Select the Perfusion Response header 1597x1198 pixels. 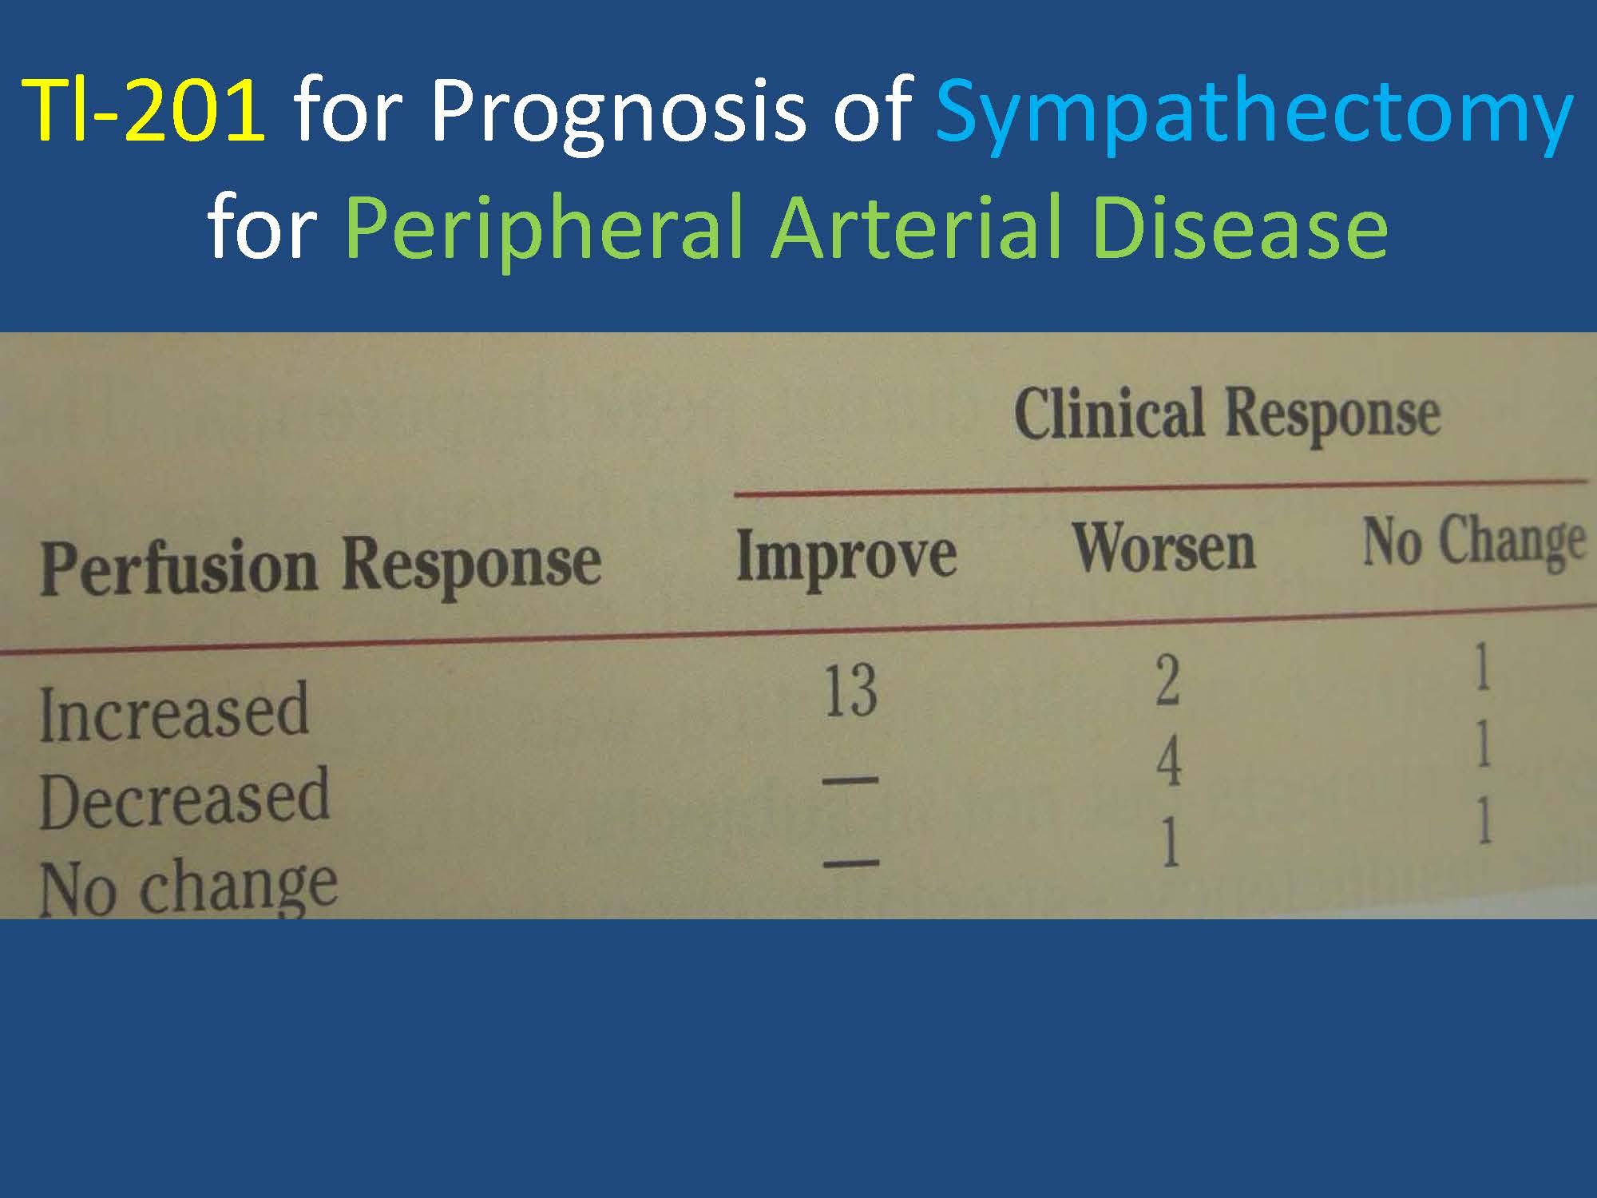click(x=320, y=566)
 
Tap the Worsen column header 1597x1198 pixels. click(x=1163, y=548)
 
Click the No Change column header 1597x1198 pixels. click(x=1474, y=542)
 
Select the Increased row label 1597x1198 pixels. click(x=173, y=712)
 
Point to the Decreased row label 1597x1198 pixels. click(x=184, y=799)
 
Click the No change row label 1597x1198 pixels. click(x=188, y=888)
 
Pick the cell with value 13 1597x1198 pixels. click(x=850, y=691)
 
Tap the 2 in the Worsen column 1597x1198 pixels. click(x=1167, y=681)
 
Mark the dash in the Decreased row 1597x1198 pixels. click(x=850, y=779)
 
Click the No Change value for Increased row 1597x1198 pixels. click(x=1482, y=667)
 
